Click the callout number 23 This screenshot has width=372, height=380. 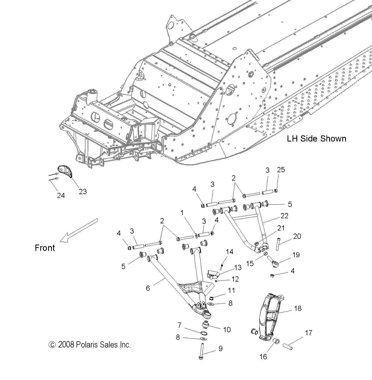point(83,192)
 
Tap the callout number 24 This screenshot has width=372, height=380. point(61,195)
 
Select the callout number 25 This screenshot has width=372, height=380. point(281,170)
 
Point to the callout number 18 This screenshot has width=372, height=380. point(298,308)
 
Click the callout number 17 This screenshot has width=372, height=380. point(308,333)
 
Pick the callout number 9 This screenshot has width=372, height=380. point(220,349)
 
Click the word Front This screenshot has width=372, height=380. point(45,248)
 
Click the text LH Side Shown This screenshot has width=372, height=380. point(316,139)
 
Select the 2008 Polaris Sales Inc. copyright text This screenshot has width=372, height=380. point(90,344)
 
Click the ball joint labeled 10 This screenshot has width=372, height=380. point(205,325)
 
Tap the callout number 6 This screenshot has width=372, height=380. point(148,288)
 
